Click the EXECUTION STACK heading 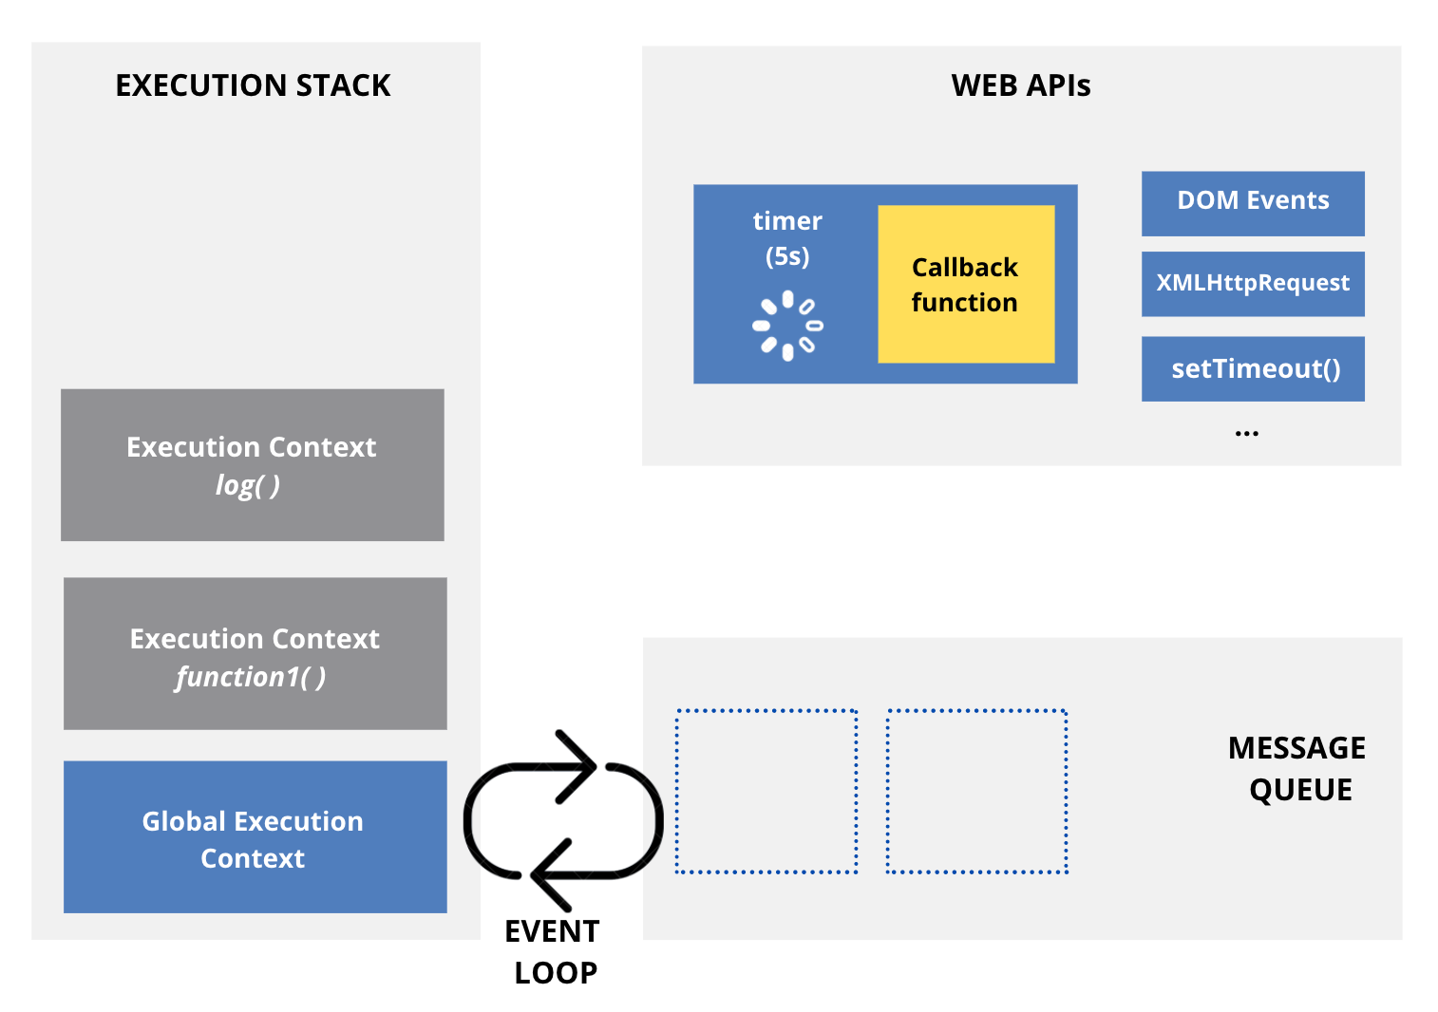click(x=253, y=85)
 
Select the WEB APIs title click(x=1020, y=85)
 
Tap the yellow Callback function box click(x=965, y=285)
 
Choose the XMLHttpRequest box click(x=1252, y=284)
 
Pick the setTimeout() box click(x=1252, y=368)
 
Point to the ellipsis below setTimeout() click(x=1246, y=433)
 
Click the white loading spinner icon click(x=787, y=326)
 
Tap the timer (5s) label click(x=787, y=238)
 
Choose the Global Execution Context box click(x=255, y=837)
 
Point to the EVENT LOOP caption click(x=553, y=951)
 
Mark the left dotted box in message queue click(x=766, y=791)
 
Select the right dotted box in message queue click(x=976, y=791)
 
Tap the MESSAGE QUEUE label click(x=1297, y=769)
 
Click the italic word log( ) click(x=248, y=485)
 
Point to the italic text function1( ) click(x=251, y=677)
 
